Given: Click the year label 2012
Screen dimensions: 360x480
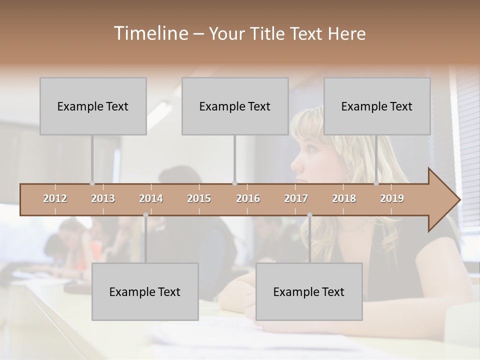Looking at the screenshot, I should pos(55,198).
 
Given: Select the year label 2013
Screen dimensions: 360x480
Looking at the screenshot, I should pos(103,198).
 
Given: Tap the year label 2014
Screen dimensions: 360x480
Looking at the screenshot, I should pos(151,198).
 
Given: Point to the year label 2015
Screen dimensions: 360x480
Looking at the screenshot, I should pos(199,198).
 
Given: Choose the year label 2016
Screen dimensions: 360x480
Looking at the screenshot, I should pos(248,198).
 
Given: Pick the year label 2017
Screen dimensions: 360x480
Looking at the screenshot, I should pos(296,198).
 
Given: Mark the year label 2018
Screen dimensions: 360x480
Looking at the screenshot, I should pos(344,198).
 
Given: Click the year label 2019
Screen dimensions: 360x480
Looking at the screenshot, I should pos(392,198).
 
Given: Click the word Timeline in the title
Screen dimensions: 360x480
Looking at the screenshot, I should pos(150,33).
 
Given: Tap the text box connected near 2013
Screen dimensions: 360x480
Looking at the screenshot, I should pos(93,106).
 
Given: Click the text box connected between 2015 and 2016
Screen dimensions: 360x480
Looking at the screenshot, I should pos(235,106).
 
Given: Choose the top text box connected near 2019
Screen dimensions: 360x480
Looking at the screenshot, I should pos(377,106).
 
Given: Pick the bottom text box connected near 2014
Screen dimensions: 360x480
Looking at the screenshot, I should pos(145,291).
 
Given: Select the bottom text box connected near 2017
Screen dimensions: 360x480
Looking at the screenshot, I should pos(309,291).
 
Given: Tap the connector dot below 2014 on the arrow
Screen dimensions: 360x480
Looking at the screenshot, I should pos(145,215).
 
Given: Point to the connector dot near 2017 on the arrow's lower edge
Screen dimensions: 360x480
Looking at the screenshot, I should pos(309,215).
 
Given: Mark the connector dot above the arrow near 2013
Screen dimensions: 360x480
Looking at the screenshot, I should pos(92,183).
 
